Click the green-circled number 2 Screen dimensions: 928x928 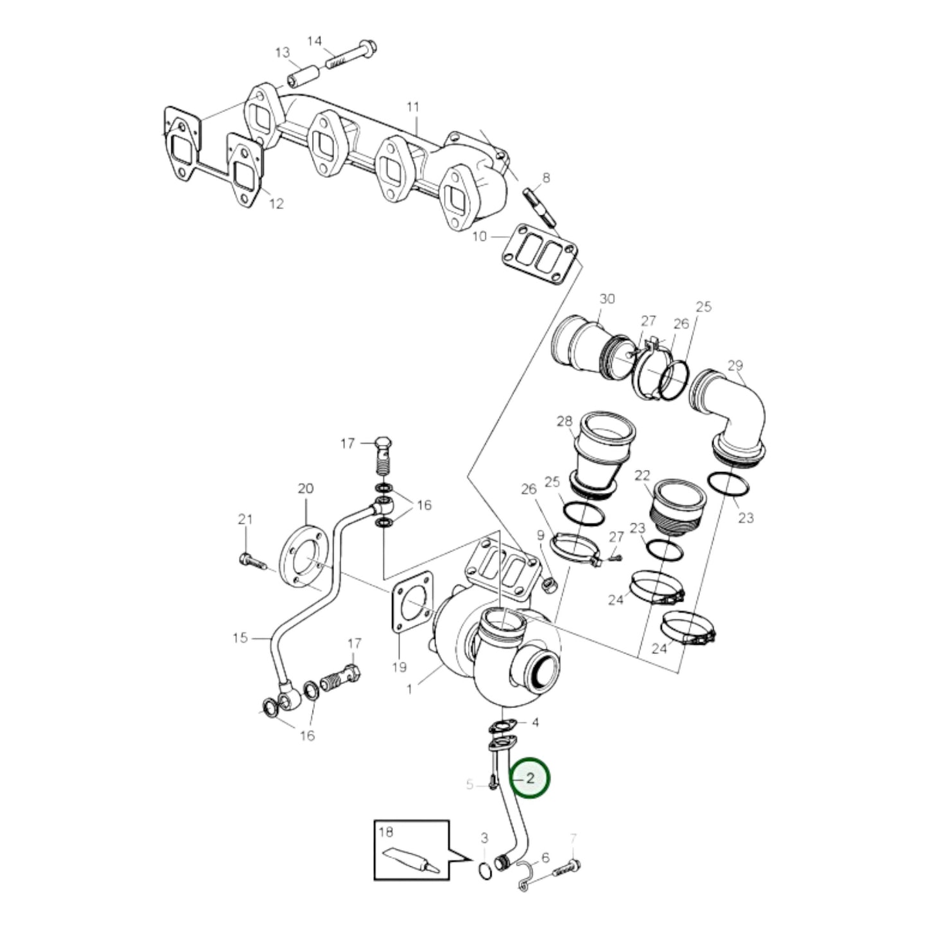530,778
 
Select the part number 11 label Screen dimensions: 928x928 412,106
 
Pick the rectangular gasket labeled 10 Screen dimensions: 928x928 539,254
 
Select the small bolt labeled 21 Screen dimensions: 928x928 252,561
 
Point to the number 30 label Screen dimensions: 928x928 607,299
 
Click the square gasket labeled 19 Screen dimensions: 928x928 412,600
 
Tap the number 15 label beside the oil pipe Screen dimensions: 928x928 240,638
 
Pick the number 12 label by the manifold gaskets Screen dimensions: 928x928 276,204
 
